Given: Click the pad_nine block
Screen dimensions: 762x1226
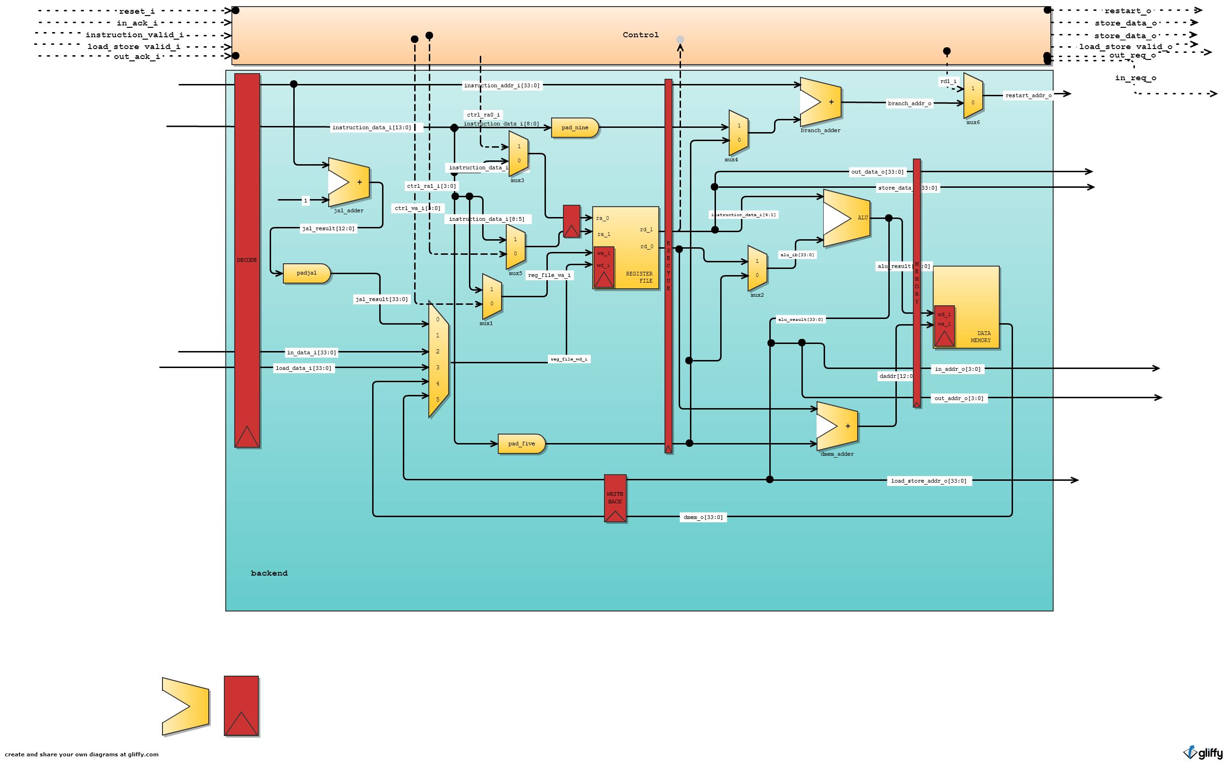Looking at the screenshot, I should (x=574, y=127).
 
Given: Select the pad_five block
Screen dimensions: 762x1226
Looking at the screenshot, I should (x=521, y=444).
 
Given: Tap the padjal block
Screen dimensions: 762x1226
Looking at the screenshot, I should (x=306, y=273).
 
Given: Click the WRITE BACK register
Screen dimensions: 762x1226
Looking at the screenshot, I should (x=615, y=497).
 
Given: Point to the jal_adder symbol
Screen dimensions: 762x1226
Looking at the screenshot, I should (x=349, y=183).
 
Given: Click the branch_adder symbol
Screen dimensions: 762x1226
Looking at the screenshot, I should (x=820, y=102).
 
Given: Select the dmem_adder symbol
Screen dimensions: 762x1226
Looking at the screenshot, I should (x=837, y=426).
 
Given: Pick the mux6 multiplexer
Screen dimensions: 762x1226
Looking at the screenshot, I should (x=972, y=96).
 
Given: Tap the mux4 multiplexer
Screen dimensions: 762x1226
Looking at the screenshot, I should (x=738, y=133).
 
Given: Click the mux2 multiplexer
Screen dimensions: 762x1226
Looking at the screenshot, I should (x=757, y=268).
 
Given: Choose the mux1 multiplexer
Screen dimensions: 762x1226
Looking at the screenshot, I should (x=491, y=296).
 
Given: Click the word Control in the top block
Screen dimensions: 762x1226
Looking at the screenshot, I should (x=640, y=35).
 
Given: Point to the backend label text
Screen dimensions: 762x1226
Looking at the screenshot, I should (x=269, y=573).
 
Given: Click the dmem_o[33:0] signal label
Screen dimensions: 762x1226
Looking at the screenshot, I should (x=703, y=517).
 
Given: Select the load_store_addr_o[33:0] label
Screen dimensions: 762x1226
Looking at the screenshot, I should (x=928, y=481).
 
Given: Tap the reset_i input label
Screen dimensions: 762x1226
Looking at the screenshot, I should (x=136, y=11).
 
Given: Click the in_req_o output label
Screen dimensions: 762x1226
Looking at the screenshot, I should (x=1135, y=77).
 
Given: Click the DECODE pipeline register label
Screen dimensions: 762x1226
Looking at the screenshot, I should (x=247, y=260).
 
